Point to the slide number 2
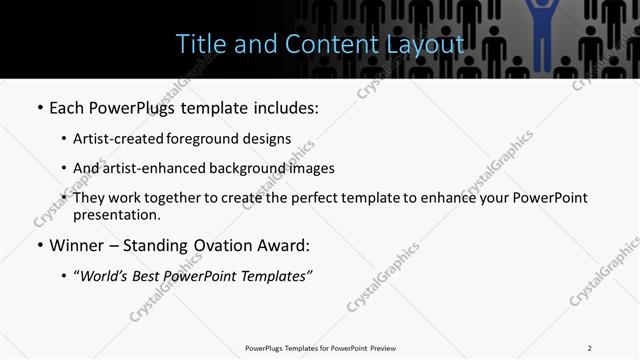(589, 347)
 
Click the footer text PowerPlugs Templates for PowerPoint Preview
(319, 347)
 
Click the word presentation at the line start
(116, 214)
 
